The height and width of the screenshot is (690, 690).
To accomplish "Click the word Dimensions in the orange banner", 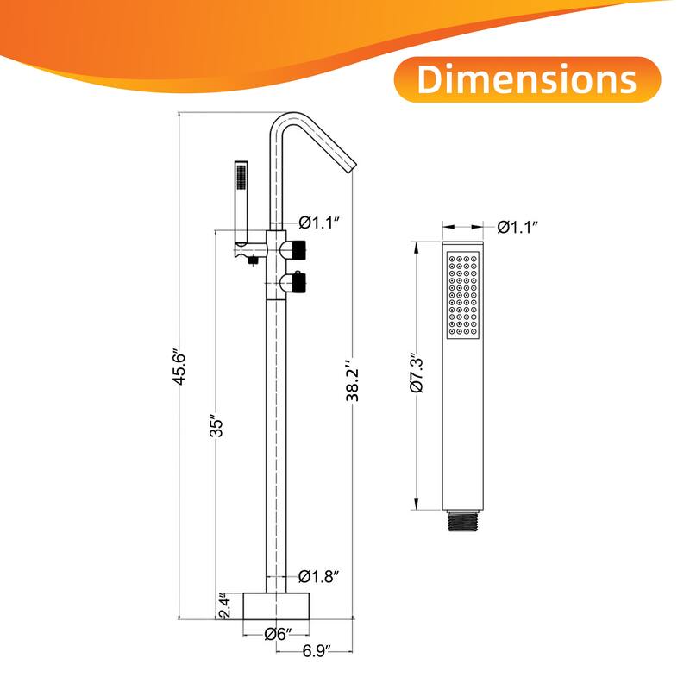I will tap(527, 79).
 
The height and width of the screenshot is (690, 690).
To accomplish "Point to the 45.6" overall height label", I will tap(183, 367).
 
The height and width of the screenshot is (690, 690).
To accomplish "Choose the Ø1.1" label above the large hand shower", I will tap(518, 228).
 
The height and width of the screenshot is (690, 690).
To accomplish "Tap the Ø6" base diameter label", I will tap(276, 634).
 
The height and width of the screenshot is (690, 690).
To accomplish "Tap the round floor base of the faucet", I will tap(276, 605).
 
